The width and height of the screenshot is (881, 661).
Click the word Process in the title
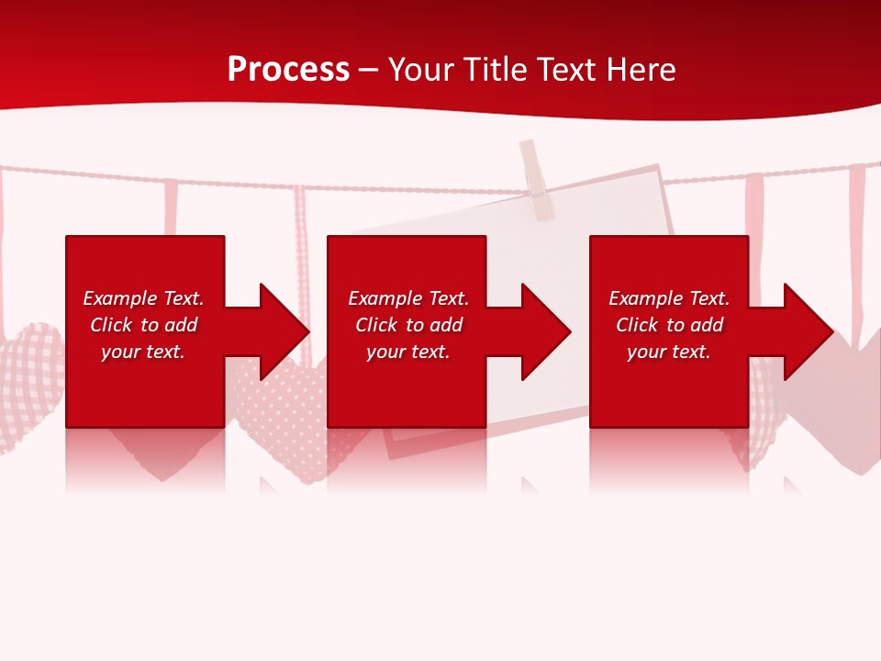tap(288, 70)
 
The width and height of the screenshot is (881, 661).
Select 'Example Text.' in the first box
tap(143, 298)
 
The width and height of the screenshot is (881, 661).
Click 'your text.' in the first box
tap(143, 352)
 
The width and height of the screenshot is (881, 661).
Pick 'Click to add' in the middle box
tap(408, 325)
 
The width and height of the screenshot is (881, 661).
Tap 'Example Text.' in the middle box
tap(408, 298)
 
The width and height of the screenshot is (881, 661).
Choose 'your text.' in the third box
tap(669, 352)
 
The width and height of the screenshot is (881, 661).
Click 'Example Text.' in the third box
tap(669, 298)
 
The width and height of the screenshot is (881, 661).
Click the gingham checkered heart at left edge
tap(28, 376)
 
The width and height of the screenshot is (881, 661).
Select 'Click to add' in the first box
tap(143, 325)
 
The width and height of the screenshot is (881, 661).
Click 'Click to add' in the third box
tap(669, 325)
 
